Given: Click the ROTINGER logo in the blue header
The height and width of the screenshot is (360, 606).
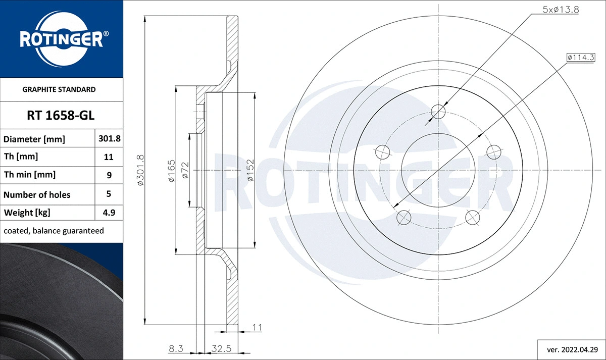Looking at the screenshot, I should coord(61,39).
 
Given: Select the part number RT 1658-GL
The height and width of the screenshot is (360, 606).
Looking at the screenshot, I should coord(61,116).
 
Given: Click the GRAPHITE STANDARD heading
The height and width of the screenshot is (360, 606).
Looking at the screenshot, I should coord(59,89).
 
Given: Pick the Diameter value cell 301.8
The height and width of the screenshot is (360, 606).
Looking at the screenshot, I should coord(109,138).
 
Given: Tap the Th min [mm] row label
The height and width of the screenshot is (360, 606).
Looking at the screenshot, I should coord(30,175).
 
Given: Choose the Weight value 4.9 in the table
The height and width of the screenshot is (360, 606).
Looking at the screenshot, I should coord(109,213).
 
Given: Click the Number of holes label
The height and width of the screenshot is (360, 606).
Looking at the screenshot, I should coord(37,194).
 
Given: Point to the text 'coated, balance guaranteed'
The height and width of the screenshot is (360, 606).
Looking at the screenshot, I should coord(54,231).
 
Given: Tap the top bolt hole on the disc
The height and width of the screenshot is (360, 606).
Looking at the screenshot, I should coord(439,112).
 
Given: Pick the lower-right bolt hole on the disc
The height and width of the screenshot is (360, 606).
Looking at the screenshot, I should coord(472,218).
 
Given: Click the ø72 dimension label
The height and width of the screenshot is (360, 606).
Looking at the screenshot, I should coord(185,170).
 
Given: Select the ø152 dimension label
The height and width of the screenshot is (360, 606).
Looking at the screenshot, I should coord(250,170).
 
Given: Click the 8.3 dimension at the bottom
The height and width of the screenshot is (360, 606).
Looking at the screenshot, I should coord(175,348).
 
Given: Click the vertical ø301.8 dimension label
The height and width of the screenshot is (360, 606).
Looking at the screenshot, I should coord(141,170).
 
